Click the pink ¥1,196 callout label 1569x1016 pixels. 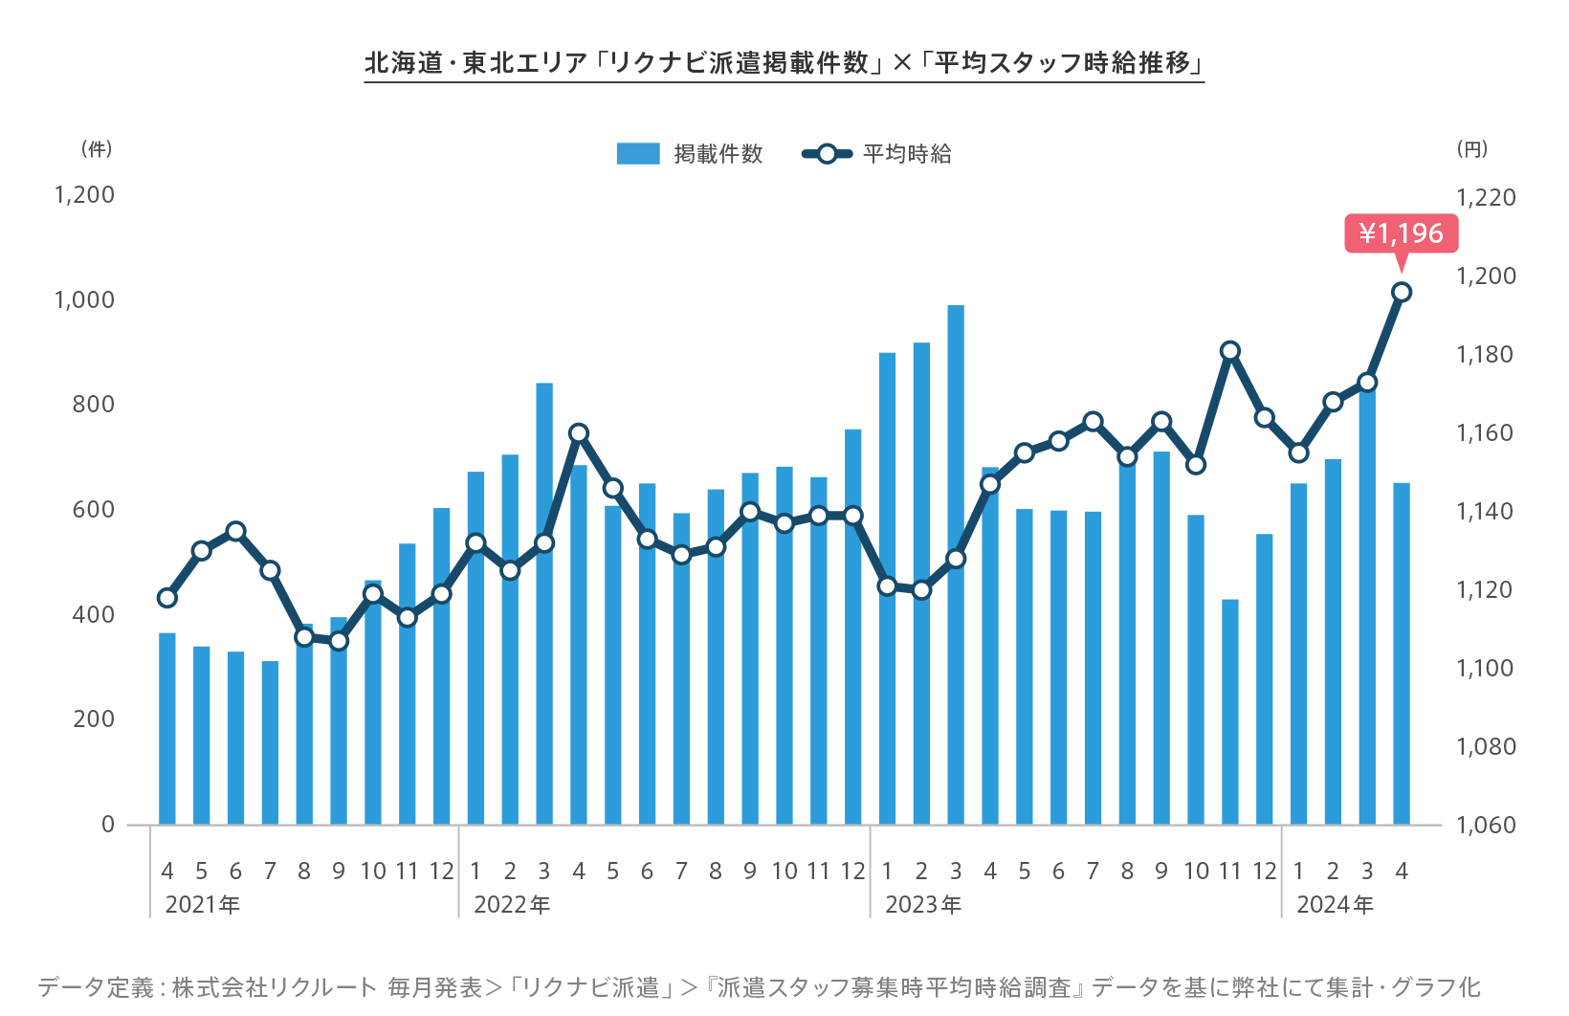1401,233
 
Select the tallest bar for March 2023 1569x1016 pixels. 956,564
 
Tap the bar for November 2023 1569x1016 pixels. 1230,712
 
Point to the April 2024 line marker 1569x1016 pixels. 1402,292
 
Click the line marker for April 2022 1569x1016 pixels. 579,433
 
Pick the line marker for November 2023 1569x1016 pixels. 1230,351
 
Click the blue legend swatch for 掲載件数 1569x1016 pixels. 638,154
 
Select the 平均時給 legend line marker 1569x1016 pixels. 827,154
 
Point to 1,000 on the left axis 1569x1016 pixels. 84,299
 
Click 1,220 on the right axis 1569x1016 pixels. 1486,197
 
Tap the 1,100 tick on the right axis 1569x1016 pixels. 1486,668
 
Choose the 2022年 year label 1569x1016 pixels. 512,904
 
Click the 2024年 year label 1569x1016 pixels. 1335,904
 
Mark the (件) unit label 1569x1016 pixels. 97,148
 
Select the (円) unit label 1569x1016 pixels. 1472,148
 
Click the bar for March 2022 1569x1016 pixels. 544,603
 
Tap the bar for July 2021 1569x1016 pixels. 270,742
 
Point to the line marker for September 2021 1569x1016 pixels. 339,641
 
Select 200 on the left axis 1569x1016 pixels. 93,718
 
